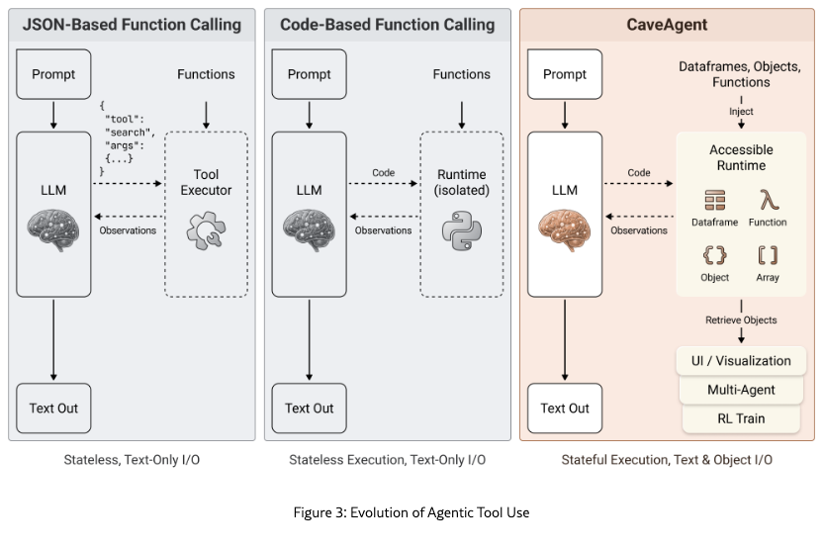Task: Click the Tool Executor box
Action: pos(205,213)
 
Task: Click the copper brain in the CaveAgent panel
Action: pos(565,229)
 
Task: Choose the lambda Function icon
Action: pos(768,201)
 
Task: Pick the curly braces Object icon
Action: pos(714,255)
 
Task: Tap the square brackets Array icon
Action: pos(768,255)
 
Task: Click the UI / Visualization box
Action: pos(741,360)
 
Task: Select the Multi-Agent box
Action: pos(741,390)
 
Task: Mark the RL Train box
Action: pos(741,418)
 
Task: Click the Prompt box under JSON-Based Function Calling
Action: pos(53,74)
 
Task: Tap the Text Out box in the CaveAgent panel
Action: pos(565,408)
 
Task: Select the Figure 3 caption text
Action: pos(411,511)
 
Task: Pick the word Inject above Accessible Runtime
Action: pos(741,111)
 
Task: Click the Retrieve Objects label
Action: pos(741,320)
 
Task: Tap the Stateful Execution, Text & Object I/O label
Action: pos(667,460)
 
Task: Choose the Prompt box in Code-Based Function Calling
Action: pos(309,74)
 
